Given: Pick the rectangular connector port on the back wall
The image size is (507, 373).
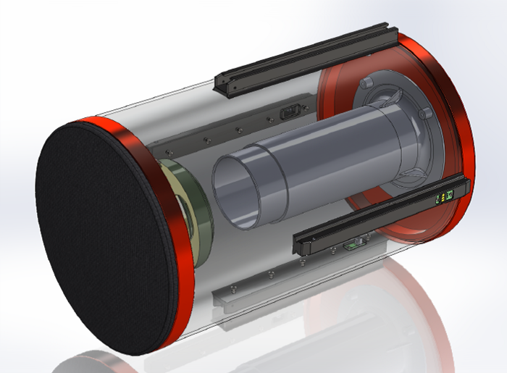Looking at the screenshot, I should pyautogui.click(x=290, y=113).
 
